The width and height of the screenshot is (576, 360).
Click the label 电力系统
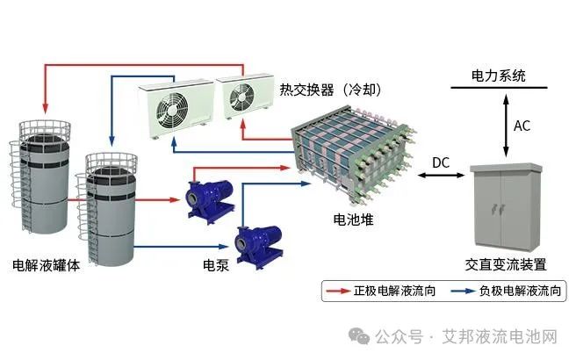coord(498,76)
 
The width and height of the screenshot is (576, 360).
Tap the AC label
coord(523,126)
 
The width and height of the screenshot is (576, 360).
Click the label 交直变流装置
coord(506,264)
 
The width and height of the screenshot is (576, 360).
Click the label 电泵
coord(216,264)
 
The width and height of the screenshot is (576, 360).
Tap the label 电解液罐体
coord(47,264)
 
